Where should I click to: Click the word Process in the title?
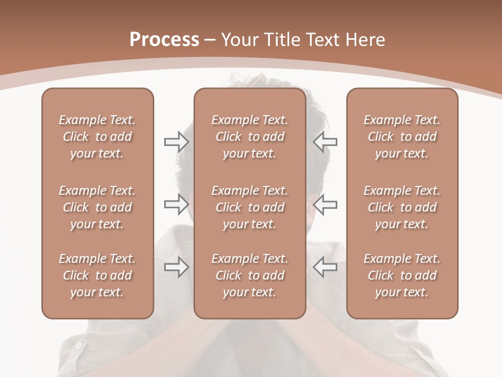[x=164, y=39]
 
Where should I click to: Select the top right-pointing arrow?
[x=176, y=142]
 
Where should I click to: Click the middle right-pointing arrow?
[x=176, y=204]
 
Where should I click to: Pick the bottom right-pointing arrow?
[x=176, y=267]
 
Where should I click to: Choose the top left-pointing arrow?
[x=325, y=142]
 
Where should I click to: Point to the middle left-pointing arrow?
[x=325, y=204]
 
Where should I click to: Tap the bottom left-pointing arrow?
[x=325, y=267]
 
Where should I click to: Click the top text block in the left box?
[x=97, y=137]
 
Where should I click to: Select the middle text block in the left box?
[x=97, y=207]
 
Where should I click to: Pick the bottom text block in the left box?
[x=97, y=275]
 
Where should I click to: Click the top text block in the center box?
[x=250, y=137]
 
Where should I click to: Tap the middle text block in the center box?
[x=250, y=207]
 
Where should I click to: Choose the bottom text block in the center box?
[x=250, y=275]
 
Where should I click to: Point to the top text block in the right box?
[x=402, y=137]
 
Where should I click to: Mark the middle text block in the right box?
[x=402, y=207]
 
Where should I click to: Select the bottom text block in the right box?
[x=402, y=275]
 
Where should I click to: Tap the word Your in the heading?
[x=239, y=40]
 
